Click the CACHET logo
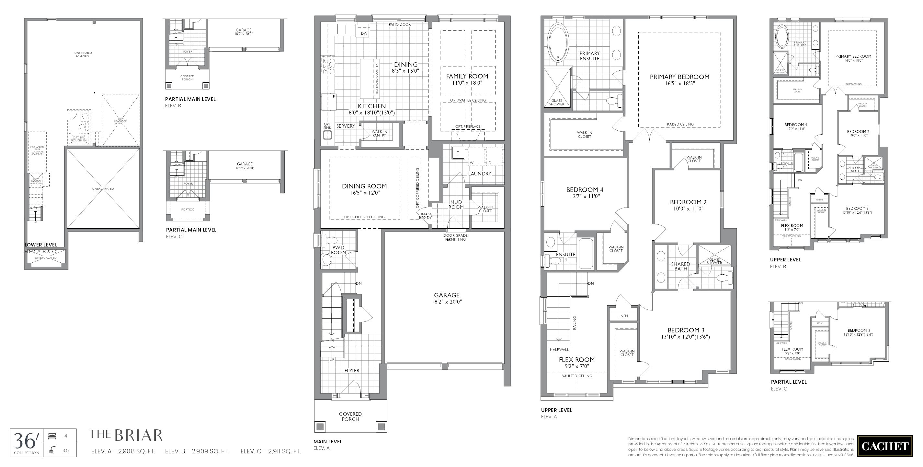885,446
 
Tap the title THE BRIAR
125,436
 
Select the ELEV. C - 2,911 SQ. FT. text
270,451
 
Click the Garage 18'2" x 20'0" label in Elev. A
447,298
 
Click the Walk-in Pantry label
379,133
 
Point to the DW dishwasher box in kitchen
364,33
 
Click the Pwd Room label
338,250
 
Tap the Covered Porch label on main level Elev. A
350,416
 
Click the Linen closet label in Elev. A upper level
622,316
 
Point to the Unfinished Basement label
83,54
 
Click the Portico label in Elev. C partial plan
188,210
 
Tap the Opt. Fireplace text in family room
468,126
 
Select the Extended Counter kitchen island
369,79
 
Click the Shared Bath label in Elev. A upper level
680,266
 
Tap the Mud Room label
456,204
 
